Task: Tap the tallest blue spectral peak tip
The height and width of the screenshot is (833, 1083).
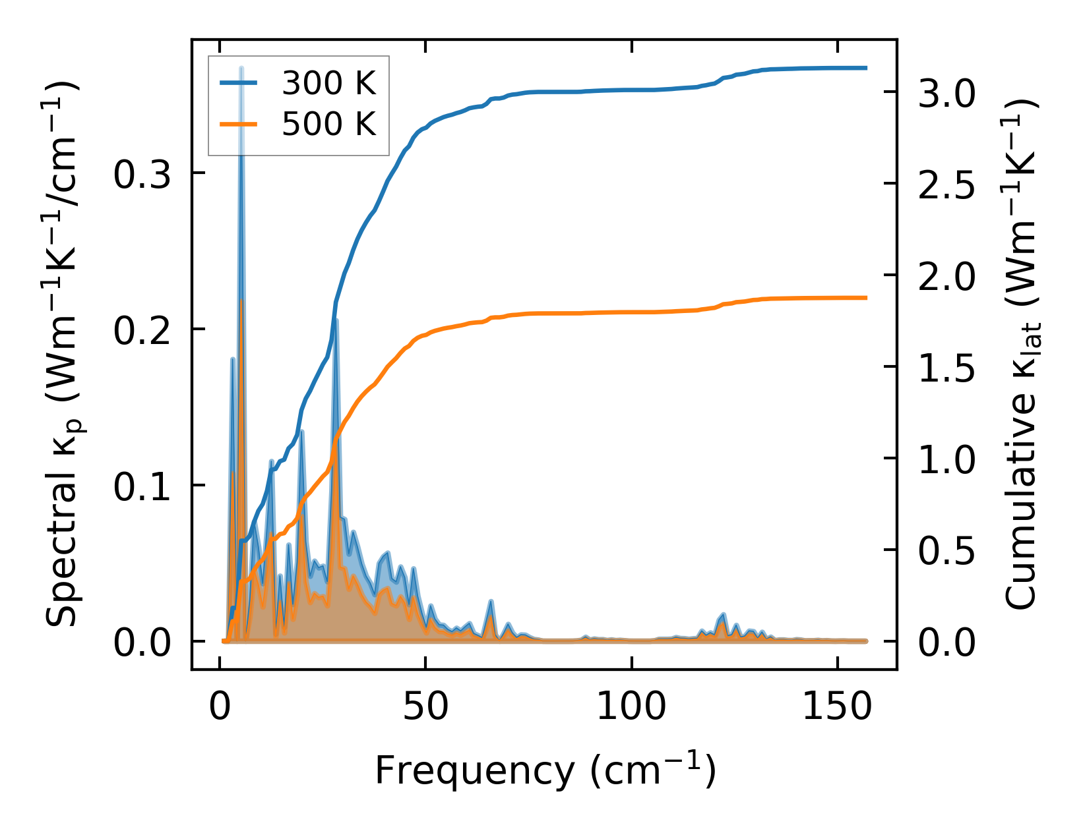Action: point(241,68)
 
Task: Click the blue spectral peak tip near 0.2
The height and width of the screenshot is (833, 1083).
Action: point(336,321)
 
